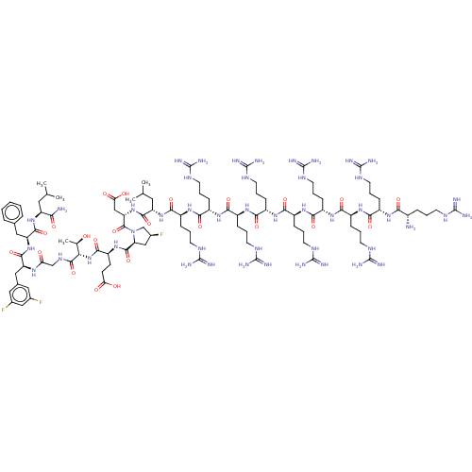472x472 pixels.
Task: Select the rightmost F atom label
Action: click(162, 232)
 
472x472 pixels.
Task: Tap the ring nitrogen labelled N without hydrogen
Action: click(133, 230)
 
